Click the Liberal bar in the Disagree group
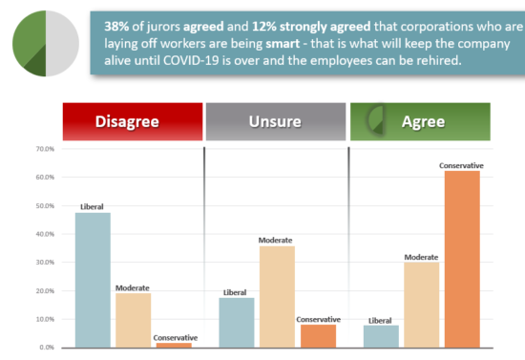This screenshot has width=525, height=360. point(94,279)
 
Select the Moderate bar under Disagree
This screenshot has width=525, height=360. point(134,319)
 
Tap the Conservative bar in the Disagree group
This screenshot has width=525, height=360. point(174,344)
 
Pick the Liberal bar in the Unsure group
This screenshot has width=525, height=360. point(237,322)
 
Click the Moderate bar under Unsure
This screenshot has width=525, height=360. point(277,296)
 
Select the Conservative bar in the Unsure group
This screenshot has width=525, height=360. point(318,335)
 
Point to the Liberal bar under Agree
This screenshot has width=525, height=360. point(381,336)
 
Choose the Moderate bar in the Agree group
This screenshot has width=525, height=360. point(421,304)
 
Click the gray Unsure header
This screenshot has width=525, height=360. point(276,121)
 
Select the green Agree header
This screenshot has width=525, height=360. point(420,121)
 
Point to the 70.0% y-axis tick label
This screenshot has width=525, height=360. point(44,149)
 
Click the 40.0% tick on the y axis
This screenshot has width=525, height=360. point(44,234)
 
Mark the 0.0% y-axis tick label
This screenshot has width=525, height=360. point(46,347)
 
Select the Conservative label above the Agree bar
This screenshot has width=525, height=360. point(461,165)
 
